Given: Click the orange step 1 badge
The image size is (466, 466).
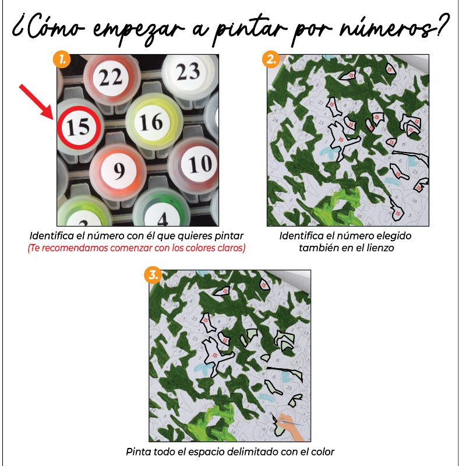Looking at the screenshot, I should (62, 58).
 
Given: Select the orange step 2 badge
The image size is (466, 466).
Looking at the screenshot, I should (269, 58).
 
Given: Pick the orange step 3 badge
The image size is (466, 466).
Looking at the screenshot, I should (153, 274).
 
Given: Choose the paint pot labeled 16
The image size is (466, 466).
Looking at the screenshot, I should (151, 122).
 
